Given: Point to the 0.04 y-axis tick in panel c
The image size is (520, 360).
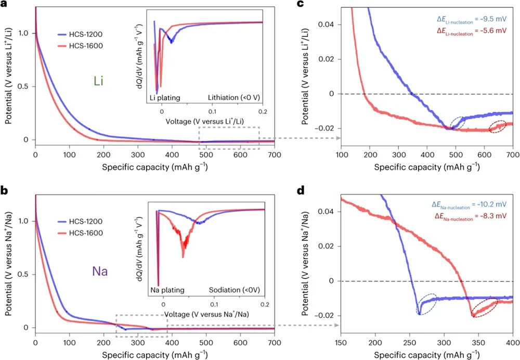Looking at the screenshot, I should [x=330, y=24].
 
